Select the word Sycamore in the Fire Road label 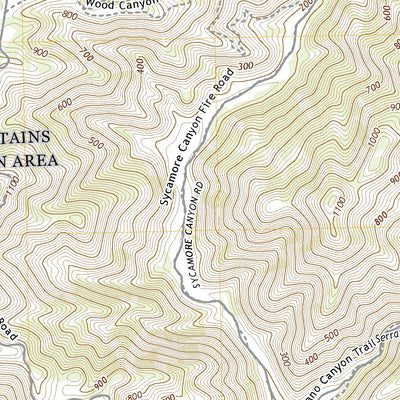click(168, 183)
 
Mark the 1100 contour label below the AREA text click(11, 186)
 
